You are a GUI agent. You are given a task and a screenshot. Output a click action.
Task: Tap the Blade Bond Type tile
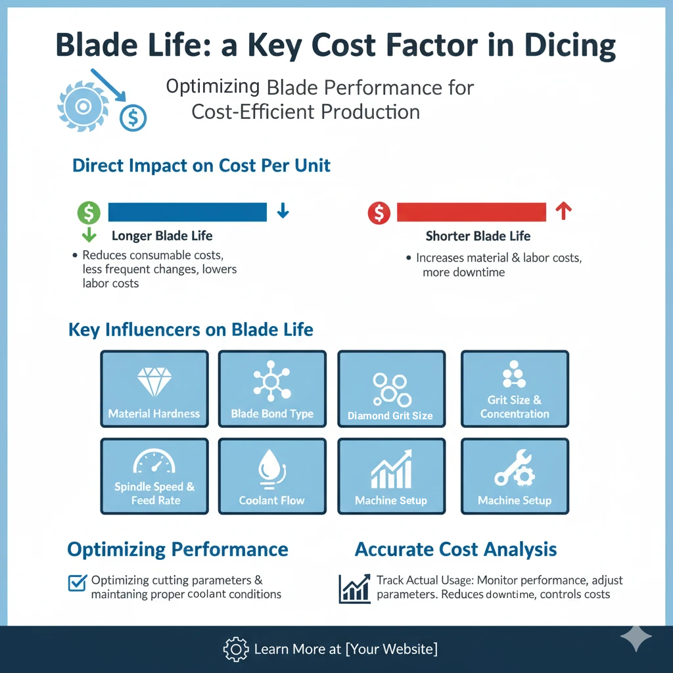(x=272, y=389)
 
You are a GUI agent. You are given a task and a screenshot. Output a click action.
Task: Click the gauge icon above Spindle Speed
(x=154, y=463)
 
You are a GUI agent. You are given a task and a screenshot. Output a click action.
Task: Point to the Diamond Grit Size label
(x=390, y=415)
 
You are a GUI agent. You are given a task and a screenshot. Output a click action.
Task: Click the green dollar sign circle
(x=89, y=212)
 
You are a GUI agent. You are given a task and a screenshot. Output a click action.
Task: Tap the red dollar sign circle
(x=379, y=212)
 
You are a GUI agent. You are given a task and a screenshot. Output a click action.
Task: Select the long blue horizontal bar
(x=187, y=212)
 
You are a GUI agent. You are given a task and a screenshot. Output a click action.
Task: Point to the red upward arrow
(x=563, y=211)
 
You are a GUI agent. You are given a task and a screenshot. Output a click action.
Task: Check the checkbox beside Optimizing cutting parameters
(x=78, y=582)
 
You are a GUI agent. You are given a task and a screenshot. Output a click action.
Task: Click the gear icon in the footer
(x=235, y=649)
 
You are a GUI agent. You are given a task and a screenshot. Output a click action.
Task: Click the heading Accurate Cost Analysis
(x=455, y=549)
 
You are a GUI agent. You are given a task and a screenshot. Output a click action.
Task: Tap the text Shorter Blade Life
(x=478, y=236)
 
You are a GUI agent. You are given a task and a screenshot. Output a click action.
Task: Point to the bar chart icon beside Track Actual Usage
(x=354, y=588)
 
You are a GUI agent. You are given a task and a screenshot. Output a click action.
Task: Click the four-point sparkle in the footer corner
(x=636, y=637)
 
